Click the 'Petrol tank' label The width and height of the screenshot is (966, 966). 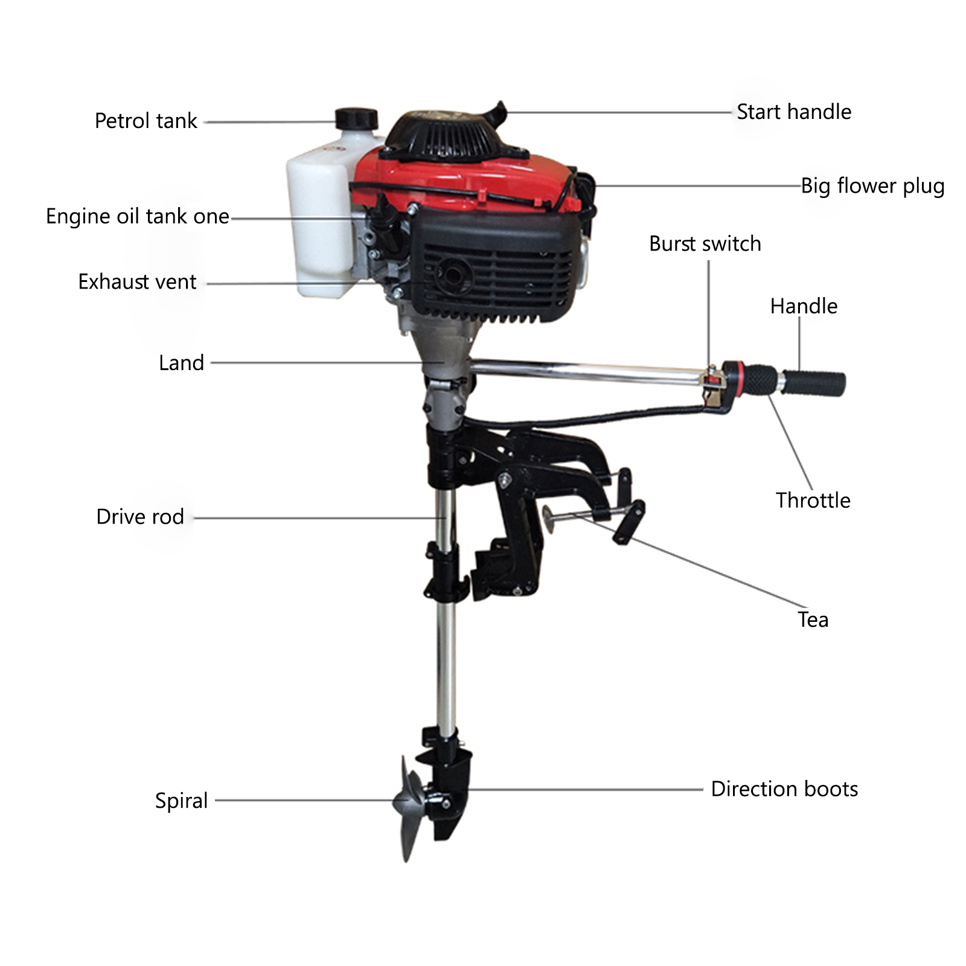tap(146, 121)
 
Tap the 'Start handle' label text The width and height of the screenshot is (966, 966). tap(794, 112)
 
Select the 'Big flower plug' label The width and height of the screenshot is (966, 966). tap(872, 186)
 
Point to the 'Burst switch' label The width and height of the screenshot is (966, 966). tap(705, 243)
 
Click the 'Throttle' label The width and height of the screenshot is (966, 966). tap(813, 500)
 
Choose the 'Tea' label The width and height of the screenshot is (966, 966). tap(813, 619)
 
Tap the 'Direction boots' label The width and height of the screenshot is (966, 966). tap(784, 788)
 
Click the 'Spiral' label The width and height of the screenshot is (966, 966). tap(181, 801)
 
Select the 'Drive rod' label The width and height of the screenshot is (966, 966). tap(140, 516)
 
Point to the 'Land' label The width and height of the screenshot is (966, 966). tap(181, 362)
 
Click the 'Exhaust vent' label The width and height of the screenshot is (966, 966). tap(137, 281)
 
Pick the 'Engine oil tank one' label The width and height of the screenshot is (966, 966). tap(138, 216)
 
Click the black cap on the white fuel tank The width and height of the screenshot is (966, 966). tap(356, 118)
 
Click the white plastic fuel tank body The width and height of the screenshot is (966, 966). tap(320, 217)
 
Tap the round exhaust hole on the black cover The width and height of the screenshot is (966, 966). tap(452, 274)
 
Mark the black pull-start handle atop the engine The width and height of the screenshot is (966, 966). tap(499, 112)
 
